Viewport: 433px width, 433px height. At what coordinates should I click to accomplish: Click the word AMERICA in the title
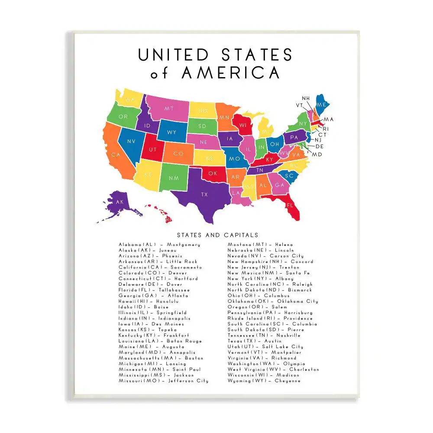230,72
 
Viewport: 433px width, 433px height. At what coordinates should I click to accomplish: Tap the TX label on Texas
204,195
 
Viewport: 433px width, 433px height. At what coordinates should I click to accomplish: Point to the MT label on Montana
169,109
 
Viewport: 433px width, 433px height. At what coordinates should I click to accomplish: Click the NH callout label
306,98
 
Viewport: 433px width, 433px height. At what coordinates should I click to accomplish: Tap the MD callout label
317,155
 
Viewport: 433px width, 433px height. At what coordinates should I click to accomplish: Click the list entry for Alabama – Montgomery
159,245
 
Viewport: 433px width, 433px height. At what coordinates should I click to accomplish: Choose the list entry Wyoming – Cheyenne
264,381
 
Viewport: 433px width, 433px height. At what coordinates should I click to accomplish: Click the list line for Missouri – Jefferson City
163,381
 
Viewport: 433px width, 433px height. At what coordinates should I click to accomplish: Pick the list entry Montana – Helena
260,245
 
